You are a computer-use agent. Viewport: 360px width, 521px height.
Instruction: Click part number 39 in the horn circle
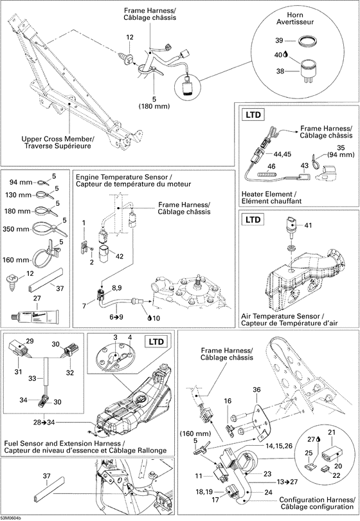coord(278,40)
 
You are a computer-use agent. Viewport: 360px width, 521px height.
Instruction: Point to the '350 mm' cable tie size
coord(15,229)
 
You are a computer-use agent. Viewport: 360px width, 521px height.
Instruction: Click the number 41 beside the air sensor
coord(307,226)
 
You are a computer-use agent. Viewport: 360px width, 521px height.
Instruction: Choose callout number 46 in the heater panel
coord(272,166)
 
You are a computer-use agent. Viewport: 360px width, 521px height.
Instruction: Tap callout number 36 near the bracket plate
coord(256,389)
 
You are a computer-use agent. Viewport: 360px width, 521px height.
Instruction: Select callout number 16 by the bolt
coord(227,401)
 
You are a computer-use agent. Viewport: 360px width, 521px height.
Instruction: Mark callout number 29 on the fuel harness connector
coord(30,340)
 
